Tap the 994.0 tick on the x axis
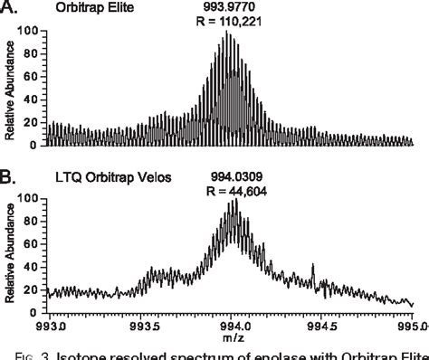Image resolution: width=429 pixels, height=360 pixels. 233,325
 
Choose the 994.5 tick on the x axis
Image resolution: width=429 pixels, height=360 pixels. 322,325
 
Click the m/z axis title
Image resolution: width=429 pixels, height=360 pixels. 234,337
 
